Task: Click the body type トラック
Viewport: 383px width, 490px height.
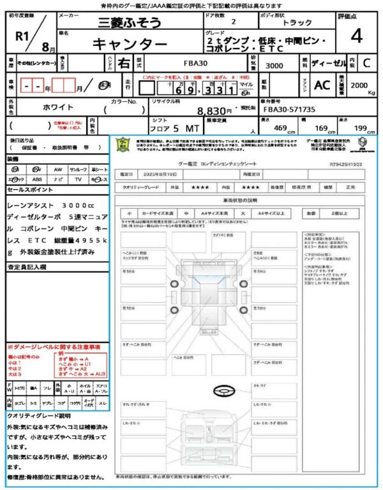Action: tap(297, 22)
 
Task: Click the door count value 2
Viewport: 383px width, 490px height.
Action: tap(232, 22)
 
